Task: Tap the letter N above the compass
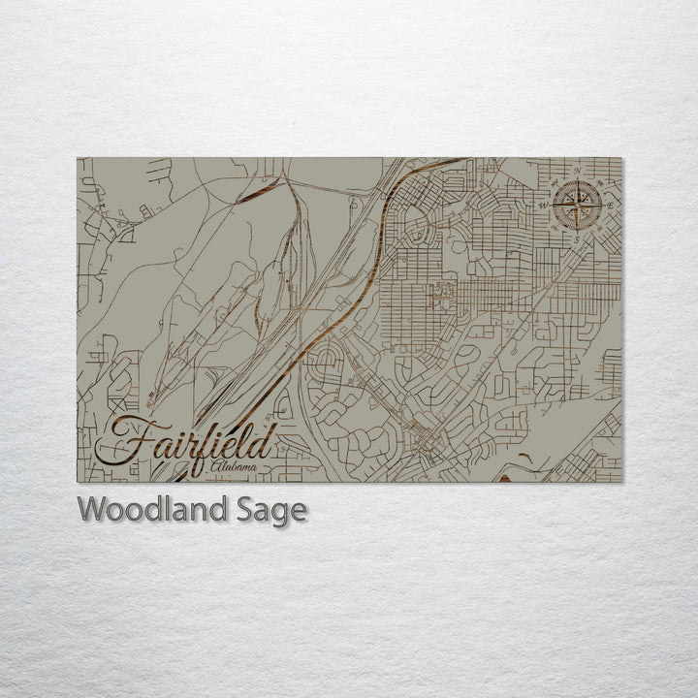tap(578, 171)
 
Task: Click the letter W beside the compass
tap(544, 205)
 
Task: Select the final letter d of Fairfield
tap(263, 441)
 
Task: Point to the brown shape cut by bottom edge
tap(505, 477)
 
